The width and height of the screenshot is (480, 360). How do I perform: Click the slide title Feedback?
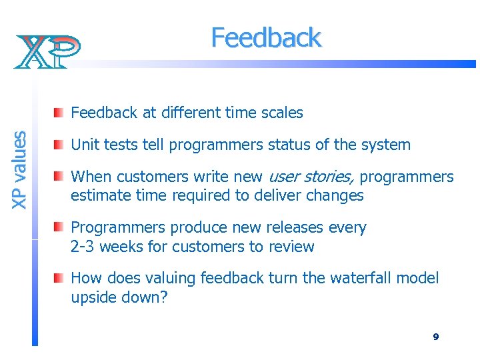click(266, 38)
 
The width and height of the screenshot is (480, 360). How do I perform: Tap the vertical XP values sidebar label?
click(19, 169)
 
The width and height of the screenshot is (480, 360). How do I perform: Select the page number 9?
click(435, 337)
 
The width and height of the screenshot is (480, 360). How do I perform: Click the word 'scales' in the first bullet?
click(281, 113)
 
